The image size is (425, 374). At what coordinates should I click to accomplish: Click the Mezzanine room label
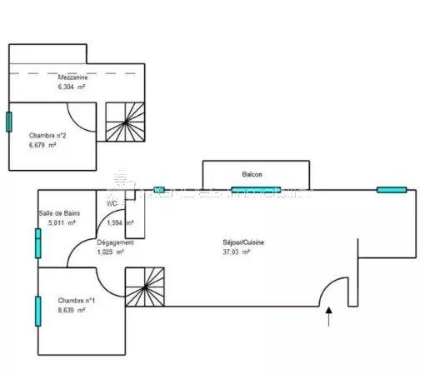72,76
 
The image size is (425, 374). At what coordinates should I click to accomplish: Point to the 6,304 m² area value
72,86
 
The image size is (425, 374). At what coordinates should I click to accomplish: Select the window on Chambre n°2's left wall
9,122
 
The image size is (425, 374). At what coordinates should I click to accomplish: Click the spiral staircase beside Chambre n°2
126,123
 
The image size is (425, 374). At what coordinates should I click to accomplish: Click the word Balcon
252,174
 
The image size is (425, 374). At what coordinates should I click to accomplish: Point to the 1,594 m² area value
121,222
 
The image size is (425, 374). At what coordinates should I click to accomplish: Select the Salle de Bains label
57,213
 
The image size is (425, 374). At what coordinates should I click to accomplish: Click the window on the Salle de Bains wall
37,242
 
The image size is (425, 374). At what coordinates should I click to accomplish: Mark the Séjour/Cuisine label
244,242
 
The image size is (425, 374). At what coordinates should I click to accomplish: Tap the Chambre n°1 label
76,300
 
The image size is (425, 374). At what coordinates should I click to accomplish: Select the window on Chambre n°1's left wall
37,312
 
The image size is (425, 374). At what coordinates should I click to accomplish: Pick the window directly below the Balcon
256,190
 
